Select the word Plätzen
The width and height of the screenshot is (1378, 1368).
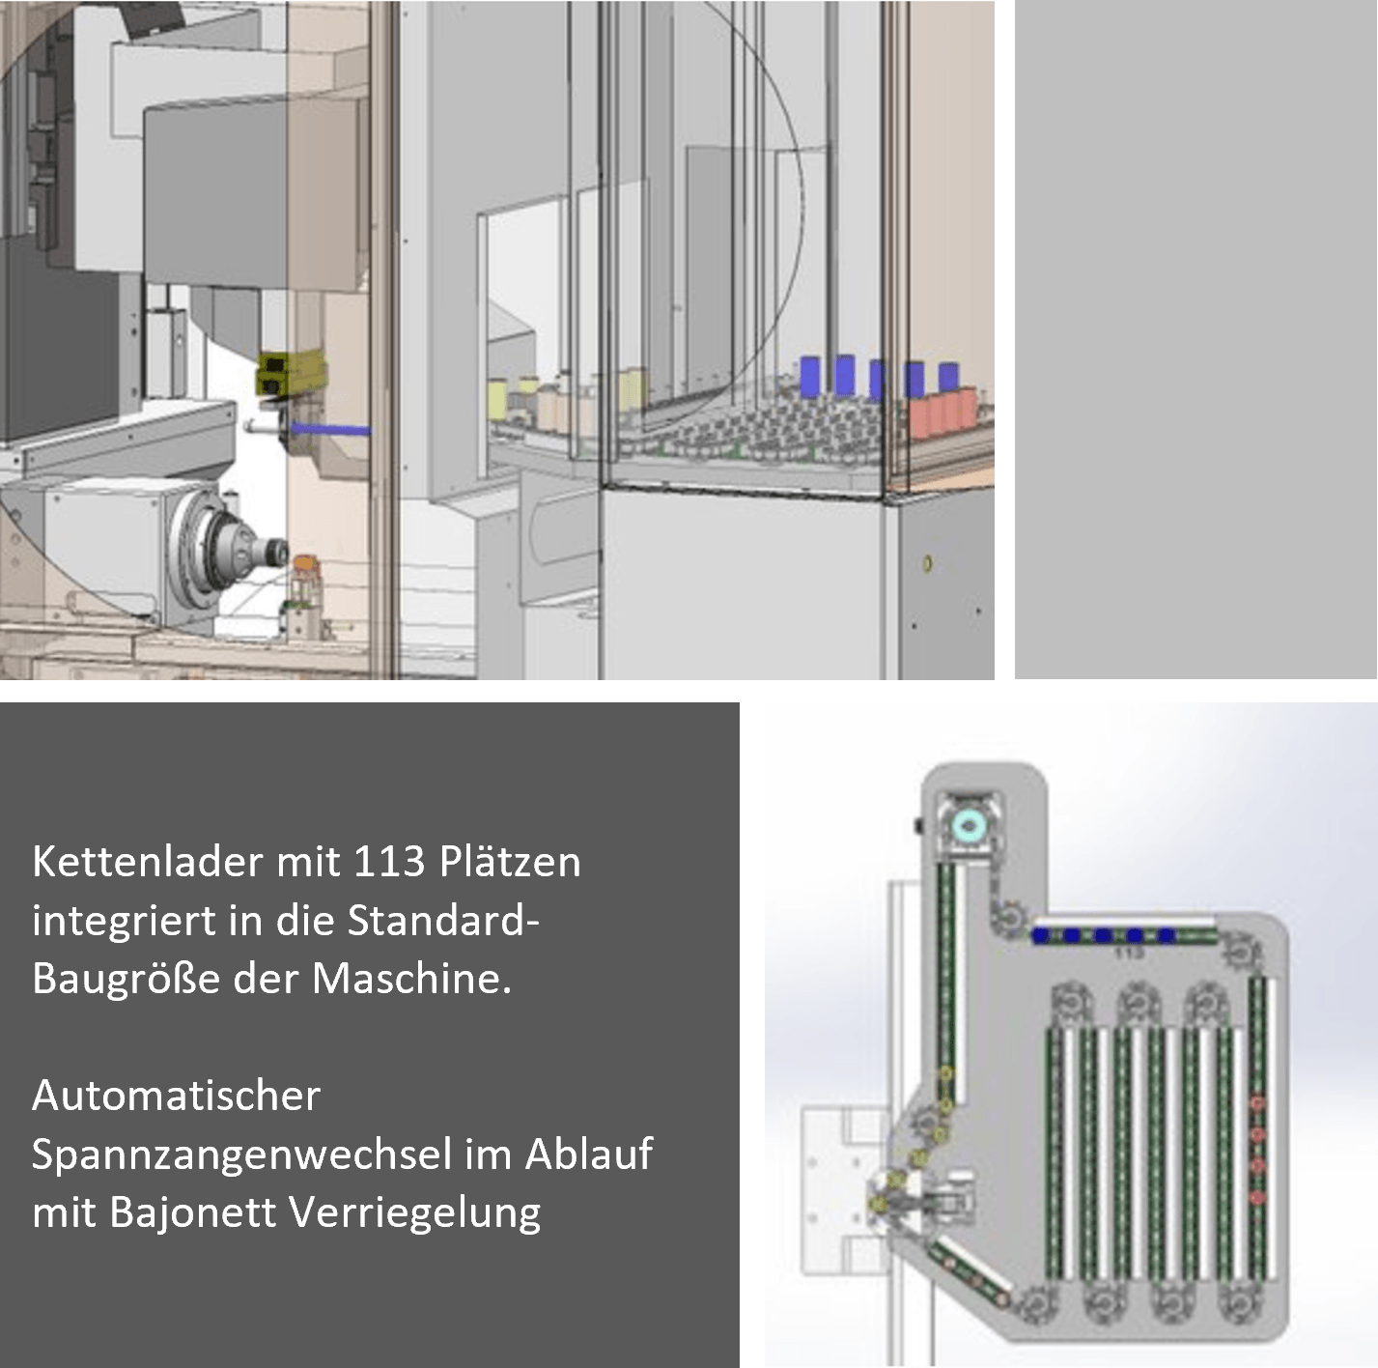coord(510,861)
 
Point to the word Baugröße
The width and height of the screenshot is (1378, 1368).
coord(126,978)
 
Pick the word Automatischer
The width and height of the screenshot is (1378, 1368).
coord(177,1096)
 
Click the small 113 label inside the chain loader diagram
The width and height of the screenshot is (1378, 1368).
coord(1129,953)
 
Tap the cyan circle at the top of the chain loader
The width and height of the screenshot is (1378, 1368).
coord(968,826)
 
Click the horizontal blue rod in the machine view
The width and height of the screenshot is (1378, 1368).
coord(330,430)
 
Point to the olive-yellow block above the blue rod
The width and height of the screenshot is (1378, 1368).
coord(291,374)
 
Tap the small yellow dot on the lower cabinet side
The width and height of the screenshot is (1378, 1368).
coord(927,563)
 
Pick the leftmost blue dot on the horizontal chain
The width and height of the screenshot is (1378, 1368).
coord(1040,935)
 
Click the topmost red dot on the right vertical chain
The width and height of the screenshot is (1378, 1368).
coord(1257,1103)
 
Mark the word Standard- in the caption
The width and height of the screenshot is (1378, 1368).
coord(444,920)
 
